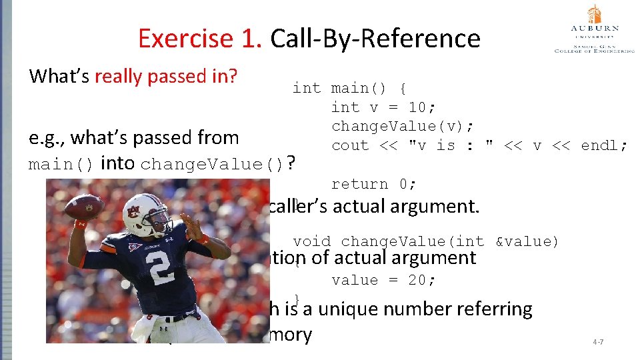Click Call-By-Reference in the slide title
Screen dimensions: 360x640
[x=375, y=39]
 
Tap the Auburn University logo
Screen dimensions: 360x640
[x=594, y=29]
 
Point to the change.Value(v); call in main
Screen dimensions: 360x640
[x=403, y=126]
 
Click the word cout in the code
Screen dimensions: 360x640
[x=350, y=145]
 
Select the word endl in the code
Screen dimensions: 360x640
[x=604, y=145]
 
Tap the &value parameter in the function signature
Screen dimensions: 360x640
[x=527, y=241]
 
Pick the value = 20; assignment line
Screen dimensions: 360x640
[x=383, y=280]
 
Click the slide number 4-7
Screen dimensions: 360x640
[x=599, y=342]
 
